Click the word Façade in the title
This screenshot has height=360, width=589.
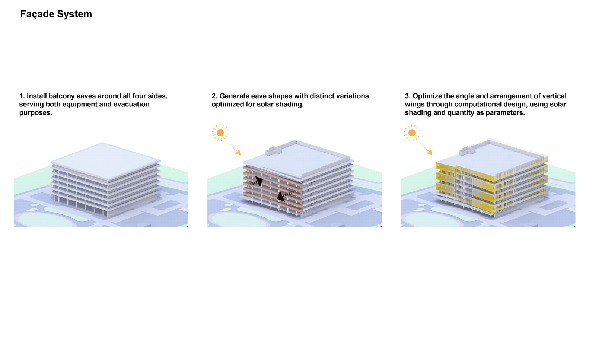click(37, 14)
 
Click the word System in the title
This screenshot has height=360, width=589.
click(74, 14)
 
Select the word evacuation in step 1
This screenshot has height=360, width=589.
click(131, 104)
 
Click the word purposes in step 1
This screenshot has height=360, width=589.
click(35, 113)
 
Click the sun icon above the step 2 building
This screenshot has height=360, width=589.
click(220, 133)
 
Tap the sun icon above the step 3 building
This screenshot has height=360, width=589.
click(412, 133)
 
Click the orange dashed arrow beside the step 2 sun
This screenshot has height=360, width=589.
click(235, 149)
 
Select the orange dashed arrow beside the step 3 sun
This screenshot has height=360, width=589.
click(426, 149)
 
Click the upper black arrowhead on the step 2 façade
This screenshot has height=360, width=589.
click(259, 181)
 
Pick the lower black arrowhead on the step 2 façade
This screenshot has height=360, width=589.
click(281, 197)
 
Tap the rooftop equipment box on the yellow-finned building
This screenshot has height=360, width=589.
click(467, 151)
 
